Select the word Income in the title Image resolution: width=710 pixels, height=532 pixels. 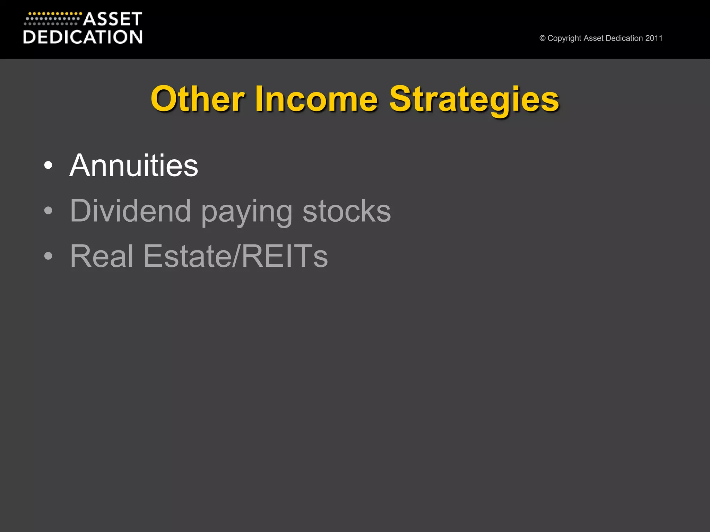[316, 99]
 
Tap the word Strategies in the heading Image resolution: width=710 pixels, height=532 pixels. [474, 99]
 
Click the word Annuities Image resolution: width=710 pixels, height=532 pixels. [134, 166]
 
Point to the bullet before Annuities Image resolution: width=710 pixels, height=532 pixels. [49, 166]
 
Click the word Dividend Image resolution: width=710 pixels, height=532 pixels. [130, 211]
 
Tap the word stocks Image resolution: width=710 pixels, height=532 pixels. [347, 211]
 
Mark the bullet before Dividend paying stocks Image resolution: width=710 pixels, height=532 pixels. [49, 211]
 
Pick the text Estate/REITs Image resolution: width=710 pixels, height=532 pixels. [235, 256]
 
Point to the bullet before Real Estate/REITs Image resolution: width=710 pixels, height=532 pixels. [49, 256]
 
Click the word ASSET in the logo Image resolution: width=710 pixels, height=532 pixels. [113, 19]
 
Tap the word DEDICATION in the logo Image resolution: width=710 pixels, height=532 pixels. [83, 37]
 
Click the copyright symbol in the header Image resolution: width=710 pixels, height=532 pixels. [543, 38]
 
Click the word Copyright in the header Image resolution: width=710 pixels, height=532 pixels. [564, 38]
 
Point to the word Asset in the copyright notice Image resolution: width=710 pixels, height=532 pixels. [594, 38]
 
